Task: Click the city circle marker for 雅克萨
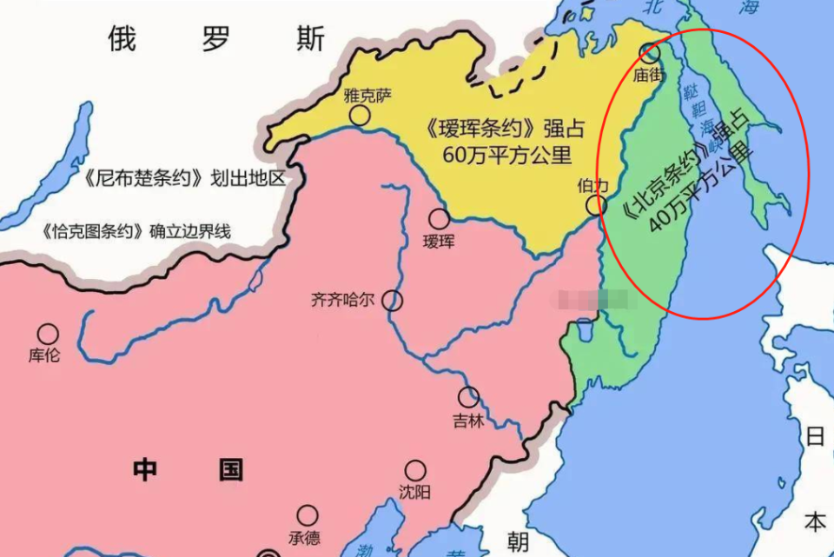359,116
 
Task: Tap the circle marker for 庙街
649,52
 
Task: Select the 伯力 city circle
595,206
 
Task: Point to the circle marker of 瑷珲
440,218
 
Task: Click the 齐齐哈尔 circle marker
394,301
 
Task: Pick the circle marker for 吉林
469,397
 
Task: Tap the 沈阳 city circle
417,470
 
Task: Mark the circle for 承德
308,515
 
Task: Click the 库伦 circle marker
48,334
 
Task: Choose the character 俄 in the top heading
122,39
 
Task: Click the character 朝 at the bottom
518,542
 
